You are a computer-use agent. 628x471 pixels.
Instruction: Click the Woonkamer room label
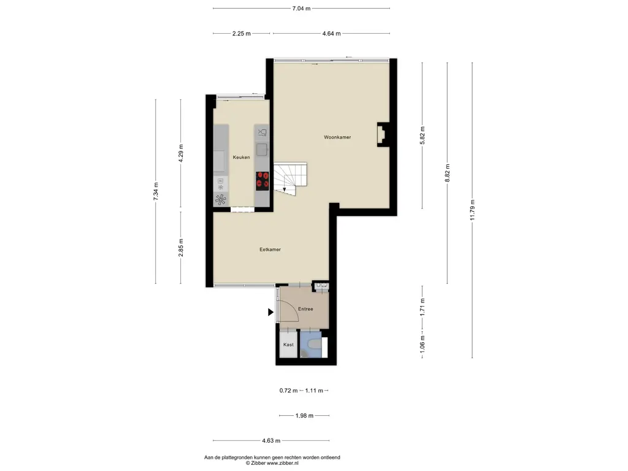tap(337, 137)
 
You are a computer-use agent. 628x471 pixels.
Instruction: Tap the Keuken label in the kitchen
tap(241, 158)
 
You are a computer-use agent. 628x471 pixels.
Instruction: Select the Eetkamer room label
tap(270, 250)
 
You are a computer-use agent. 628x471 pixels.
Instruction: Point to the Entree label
tap(305, 309)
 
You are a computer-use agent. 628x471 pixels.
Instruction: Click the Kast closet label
tap(288, 345)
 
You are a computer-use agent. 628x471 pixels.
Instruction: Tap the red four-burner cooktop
tap(262, 181)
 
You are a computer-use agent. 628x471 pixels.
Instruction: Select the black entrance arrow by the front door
tap(270, 312)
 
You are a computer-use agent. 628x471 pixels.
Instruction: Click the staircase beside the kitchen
tap(290, 178)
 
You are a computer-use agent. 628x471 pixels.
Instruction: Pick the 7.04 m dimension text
tap(301, 8)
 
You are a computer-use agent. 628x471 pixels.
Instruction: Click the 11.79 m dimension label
tap(472, 210)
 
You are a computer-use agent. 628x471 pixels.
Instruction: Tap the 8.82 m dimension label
tap(447, 173)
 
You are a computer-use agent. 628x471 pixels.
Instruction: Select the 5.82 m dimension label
tap(422, 136)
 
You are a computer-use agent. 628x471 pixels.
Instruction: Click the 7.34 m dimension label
tap(156, 191)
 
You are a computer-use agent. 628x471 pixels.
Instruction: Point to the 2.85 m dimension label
tap(181, 248)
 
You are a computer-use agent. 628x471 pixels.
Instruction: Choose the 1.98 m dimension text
tap(304, 416)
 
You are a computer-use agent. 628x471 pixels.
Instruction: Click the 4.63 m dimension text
tap(271, 440)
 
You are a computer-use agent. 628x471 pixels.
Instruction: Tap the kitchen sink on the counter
tap(262, 150)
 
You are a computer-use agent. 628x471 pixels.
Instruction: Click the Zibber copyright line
tap(272, 463)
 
